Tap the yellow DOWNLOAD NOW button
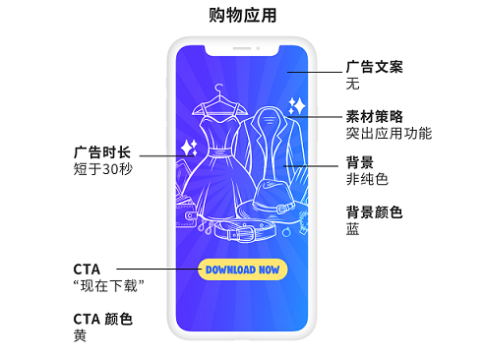[242, 270]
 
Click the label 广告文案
[374, 67]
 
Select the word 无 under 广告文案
[352, 85]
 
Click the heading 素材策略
[374, 115]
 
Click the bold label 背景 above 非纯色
[359, 161]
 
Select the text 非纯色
[367, 179]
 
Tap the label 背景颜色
[374, 211]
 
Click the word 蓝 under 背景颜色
[352, 229]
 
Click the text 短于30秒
[102, 170]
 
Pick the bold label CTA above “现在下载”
[87, 269]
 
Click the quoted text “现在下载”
[109, 285]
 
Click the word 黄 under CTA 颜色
[80, 335]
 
